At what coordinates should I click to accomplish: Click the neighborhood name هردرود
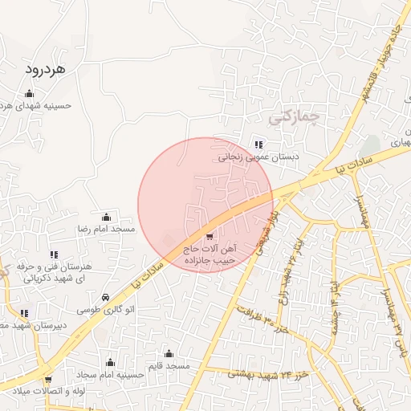click(54, 70)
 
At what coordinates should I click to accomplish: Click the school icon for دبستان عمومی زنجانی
click(258, 144)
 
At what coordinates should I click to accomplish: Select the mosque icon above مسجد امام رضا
click(106, 217)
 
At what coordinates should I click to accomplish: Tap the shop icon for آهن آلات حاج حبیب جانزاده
click(210, 236)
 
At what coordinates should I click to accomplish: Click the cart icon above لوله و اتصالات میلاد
click(48, 379)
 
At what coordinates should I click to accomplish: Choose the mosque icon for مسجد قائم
click(169, 353)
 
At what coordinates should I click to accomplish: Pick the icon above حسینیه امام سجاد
click(110, 362)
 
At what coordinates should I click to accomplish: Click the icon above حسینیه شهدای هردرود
click(29, 93)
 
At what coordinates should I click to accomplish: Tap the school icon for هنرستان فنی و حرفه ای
click(54, 254)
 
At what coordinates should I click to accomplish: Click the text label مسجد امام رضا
click(106, 230)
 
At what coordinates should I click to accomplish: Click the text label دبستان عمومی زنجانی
click(258, 157)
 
